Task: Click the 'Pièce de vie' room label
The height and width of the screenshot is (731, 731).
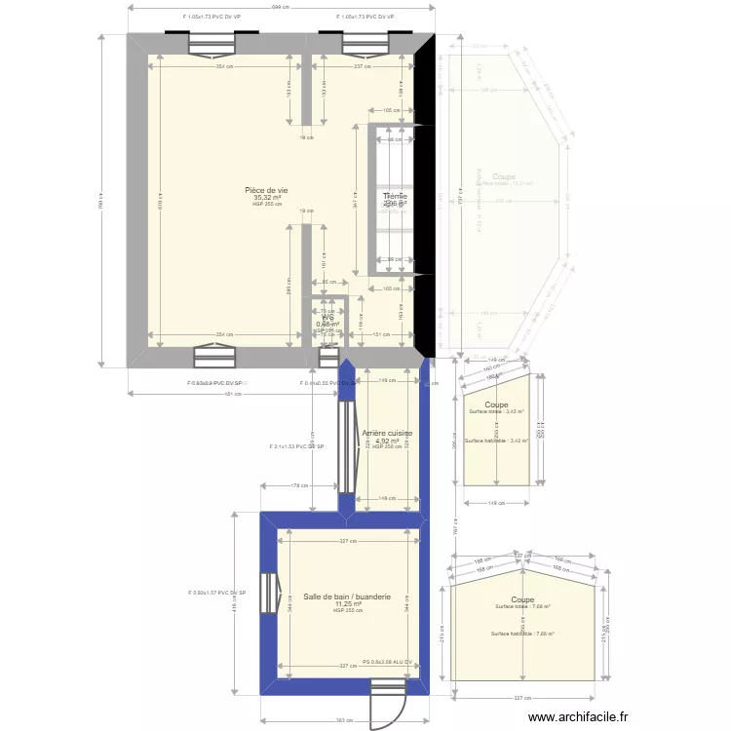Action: pos(266,191)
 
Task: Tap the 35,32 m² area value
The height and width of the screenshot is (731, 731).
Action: pos(266,198)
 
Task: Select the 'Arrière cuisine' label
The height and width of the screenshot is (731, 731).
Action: pos(387,434)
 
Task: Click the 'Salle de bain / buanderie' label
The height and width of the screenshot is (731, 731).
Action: pos(347,596)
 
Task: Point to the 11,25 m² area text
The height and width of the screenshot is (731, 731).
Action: pos(347,604)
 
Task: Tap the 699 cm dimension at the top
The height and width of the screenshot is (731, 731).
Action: pos(280,8)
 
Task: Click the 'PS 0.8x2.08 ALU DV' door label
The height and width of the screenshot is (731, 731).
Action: pos(395,662)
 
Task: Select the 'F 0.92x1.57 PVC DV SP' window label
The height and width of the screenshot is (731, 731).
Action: pos(217,593)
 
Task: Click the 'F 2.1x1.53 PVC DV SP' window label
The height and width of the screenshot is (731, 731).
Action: pos(296,446)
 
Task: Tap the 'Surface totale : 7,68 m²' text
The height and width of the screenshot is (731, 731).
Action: pos(522,607)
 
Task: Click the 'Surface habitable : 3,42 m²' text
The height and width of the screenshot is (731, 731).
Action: pos(496,441)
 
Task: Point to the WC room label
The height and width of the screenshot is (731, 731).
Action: pos(328,318)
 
